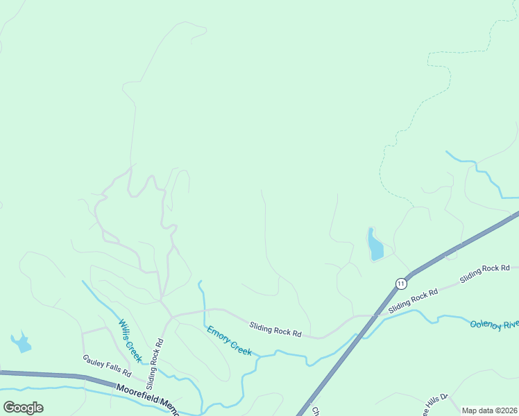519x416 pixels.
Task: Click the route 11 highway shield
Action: pyautogui.click(x=401, y=283)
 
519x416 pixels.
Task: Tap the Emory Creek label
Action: pyautogui.click(x=229, y=340)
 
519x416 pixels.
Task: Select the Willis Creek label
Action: pyautogui.click(x=130, y=340)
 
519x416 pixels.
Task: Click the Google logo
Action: pyautogui.click(x=23, y=408)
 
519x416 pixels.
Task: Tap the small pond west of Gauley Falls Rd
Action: pyautogui.click(x=21, y=342)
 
